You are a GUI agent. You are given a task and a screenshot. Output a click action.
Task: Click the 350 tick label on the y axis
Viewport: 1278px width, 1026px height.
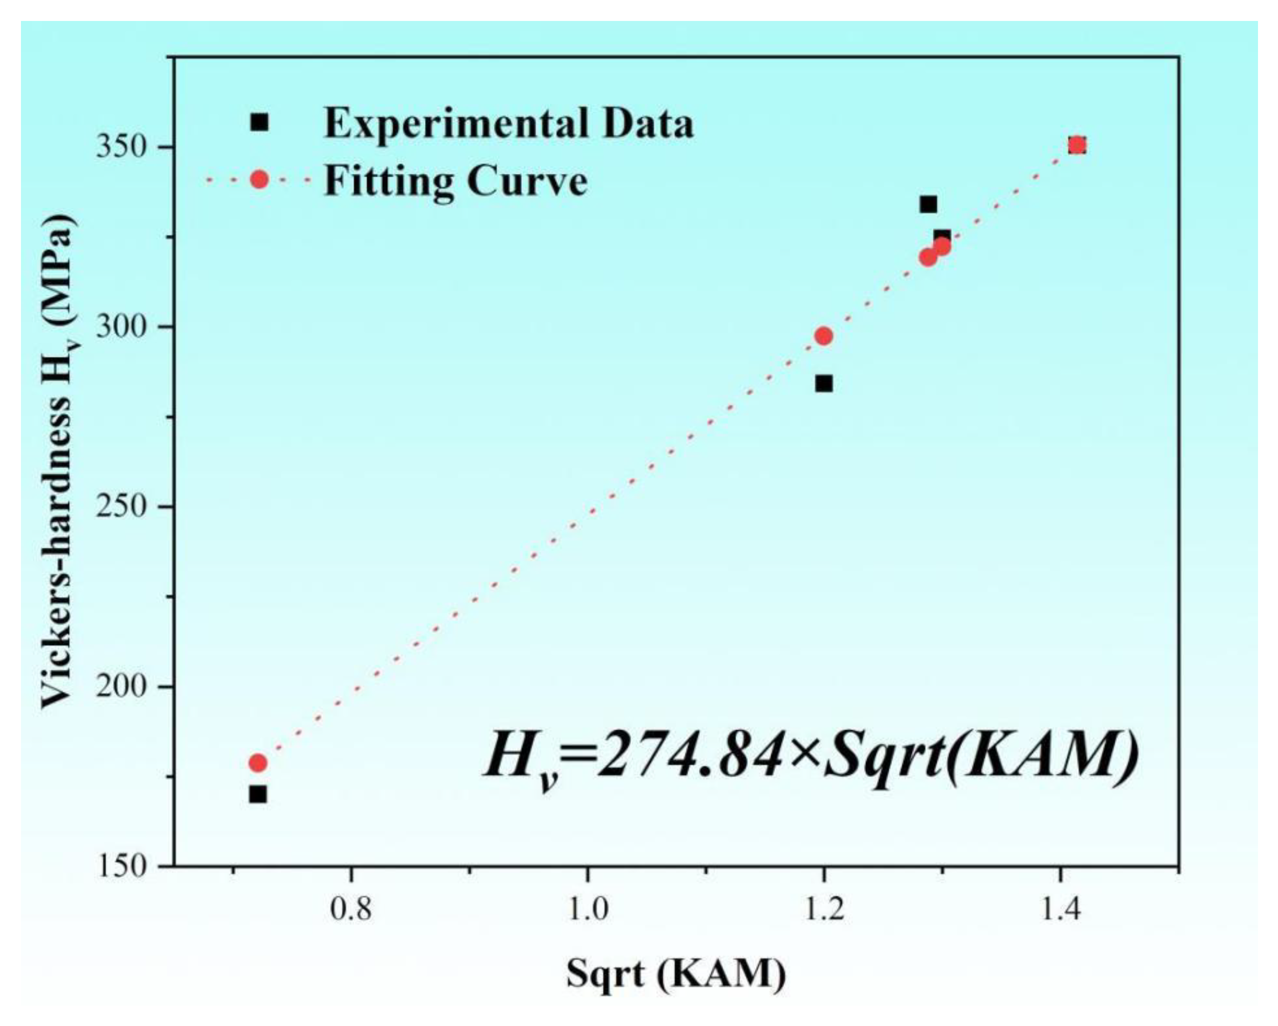pos(121,147)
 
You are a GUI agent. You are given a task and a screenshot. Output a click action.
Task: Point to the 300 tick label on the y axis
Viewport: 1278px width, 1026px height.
pos(121,327)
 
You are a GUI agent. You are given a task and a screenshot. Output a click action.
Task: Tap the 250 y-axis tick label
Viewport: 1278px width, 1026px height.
pos(121,507)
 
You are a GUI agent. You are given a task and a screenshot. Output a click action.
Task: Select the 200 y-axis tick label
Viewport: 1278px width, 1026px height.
pos(121,687)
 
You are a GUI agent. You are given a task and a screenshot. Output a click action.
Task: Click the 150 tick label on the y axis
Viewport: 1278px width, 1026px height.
pos(121,867)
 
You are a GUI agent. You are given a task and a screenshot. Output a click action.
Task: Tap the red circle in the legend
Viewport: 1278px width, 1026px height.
pos(259,179)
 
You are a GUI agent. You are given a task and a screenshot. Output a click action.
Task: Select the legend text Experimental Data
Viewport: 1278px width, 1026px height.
pos(508,124)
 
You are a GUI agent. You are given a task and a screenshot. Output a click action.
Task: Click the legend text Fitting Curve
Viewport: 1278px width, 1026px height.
pos(455,181)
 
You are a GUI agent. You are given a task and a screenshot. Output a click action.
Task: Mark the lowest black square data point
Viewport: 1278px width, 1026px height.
pos(258,795)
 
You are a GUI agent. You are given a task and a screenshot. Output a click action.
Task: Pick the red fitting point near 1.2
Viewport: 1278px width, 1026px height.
pos(823,336)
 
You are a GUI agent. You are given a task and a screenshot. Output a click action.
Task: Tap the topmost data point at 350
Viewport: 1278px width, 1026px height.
pos(1077,145)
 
